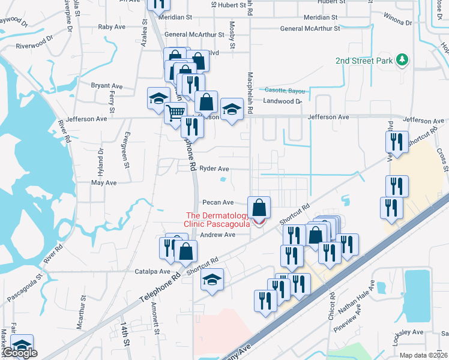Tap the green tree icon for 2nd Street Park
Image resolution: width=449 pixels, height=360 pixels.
[x=403, y=60]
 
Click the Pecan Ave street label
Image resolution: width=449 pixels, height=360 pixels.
[x=217, y=203]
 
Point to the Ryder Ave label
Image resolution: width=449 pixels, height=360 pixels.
[x=214, y=169]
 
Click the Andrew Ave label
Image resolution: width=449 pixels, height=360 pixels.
[x=217, y=235]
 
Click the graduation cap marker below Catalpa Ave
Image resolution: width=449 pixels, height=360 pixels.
[x=212, y=280]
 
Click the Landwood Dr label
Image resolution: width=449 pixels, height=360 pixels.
[x=282, y=101]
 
